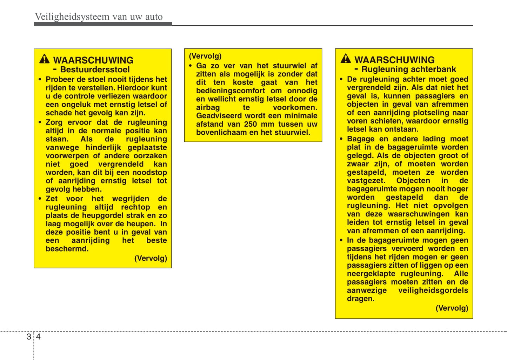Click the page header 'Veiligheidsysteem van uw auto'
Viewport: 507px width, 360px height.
tap(99, 16)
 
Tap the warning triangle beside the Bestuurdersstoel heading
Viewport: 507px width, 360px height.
tap(44, 59)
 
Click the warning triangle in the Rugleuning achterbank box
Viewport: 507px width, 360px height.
tap(346, 59)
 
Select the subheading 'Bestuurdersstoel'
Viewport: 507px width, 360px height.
tap(95, 69)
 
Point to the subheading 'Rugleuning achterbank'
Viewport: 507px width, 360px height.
tap(409, 69)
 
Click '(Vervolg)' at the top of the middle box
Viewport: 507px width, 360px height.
tap(205, 56)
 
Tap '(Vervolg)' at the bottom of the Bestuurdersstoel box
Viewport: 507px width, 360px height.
tap(151, 258)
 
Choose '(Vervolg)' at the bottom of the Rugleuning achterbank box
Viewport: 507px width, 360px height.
tap(452, 308)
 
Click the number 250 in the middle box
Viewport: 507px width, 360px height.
tap(251, 124)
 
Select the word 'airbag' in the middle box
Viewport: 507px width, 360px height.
tap(208, 107)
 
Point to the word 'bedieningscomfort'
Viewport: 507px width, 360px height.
tap(231, 91)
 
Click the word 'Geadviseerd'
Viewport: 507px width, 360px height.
tap(219, 116)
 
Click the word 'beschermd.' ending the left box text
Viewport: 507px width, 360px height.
tap(67, 249)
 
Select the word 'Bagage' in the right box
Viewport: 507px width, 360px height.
tap(361, 139)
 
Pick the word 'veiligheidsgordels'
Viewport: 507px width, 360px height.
tap(433, 290)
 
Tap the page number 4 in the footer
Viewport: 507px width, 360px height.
tap(38, 337)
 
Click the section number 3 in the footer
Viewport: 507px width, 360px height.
tap(29, 337)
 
